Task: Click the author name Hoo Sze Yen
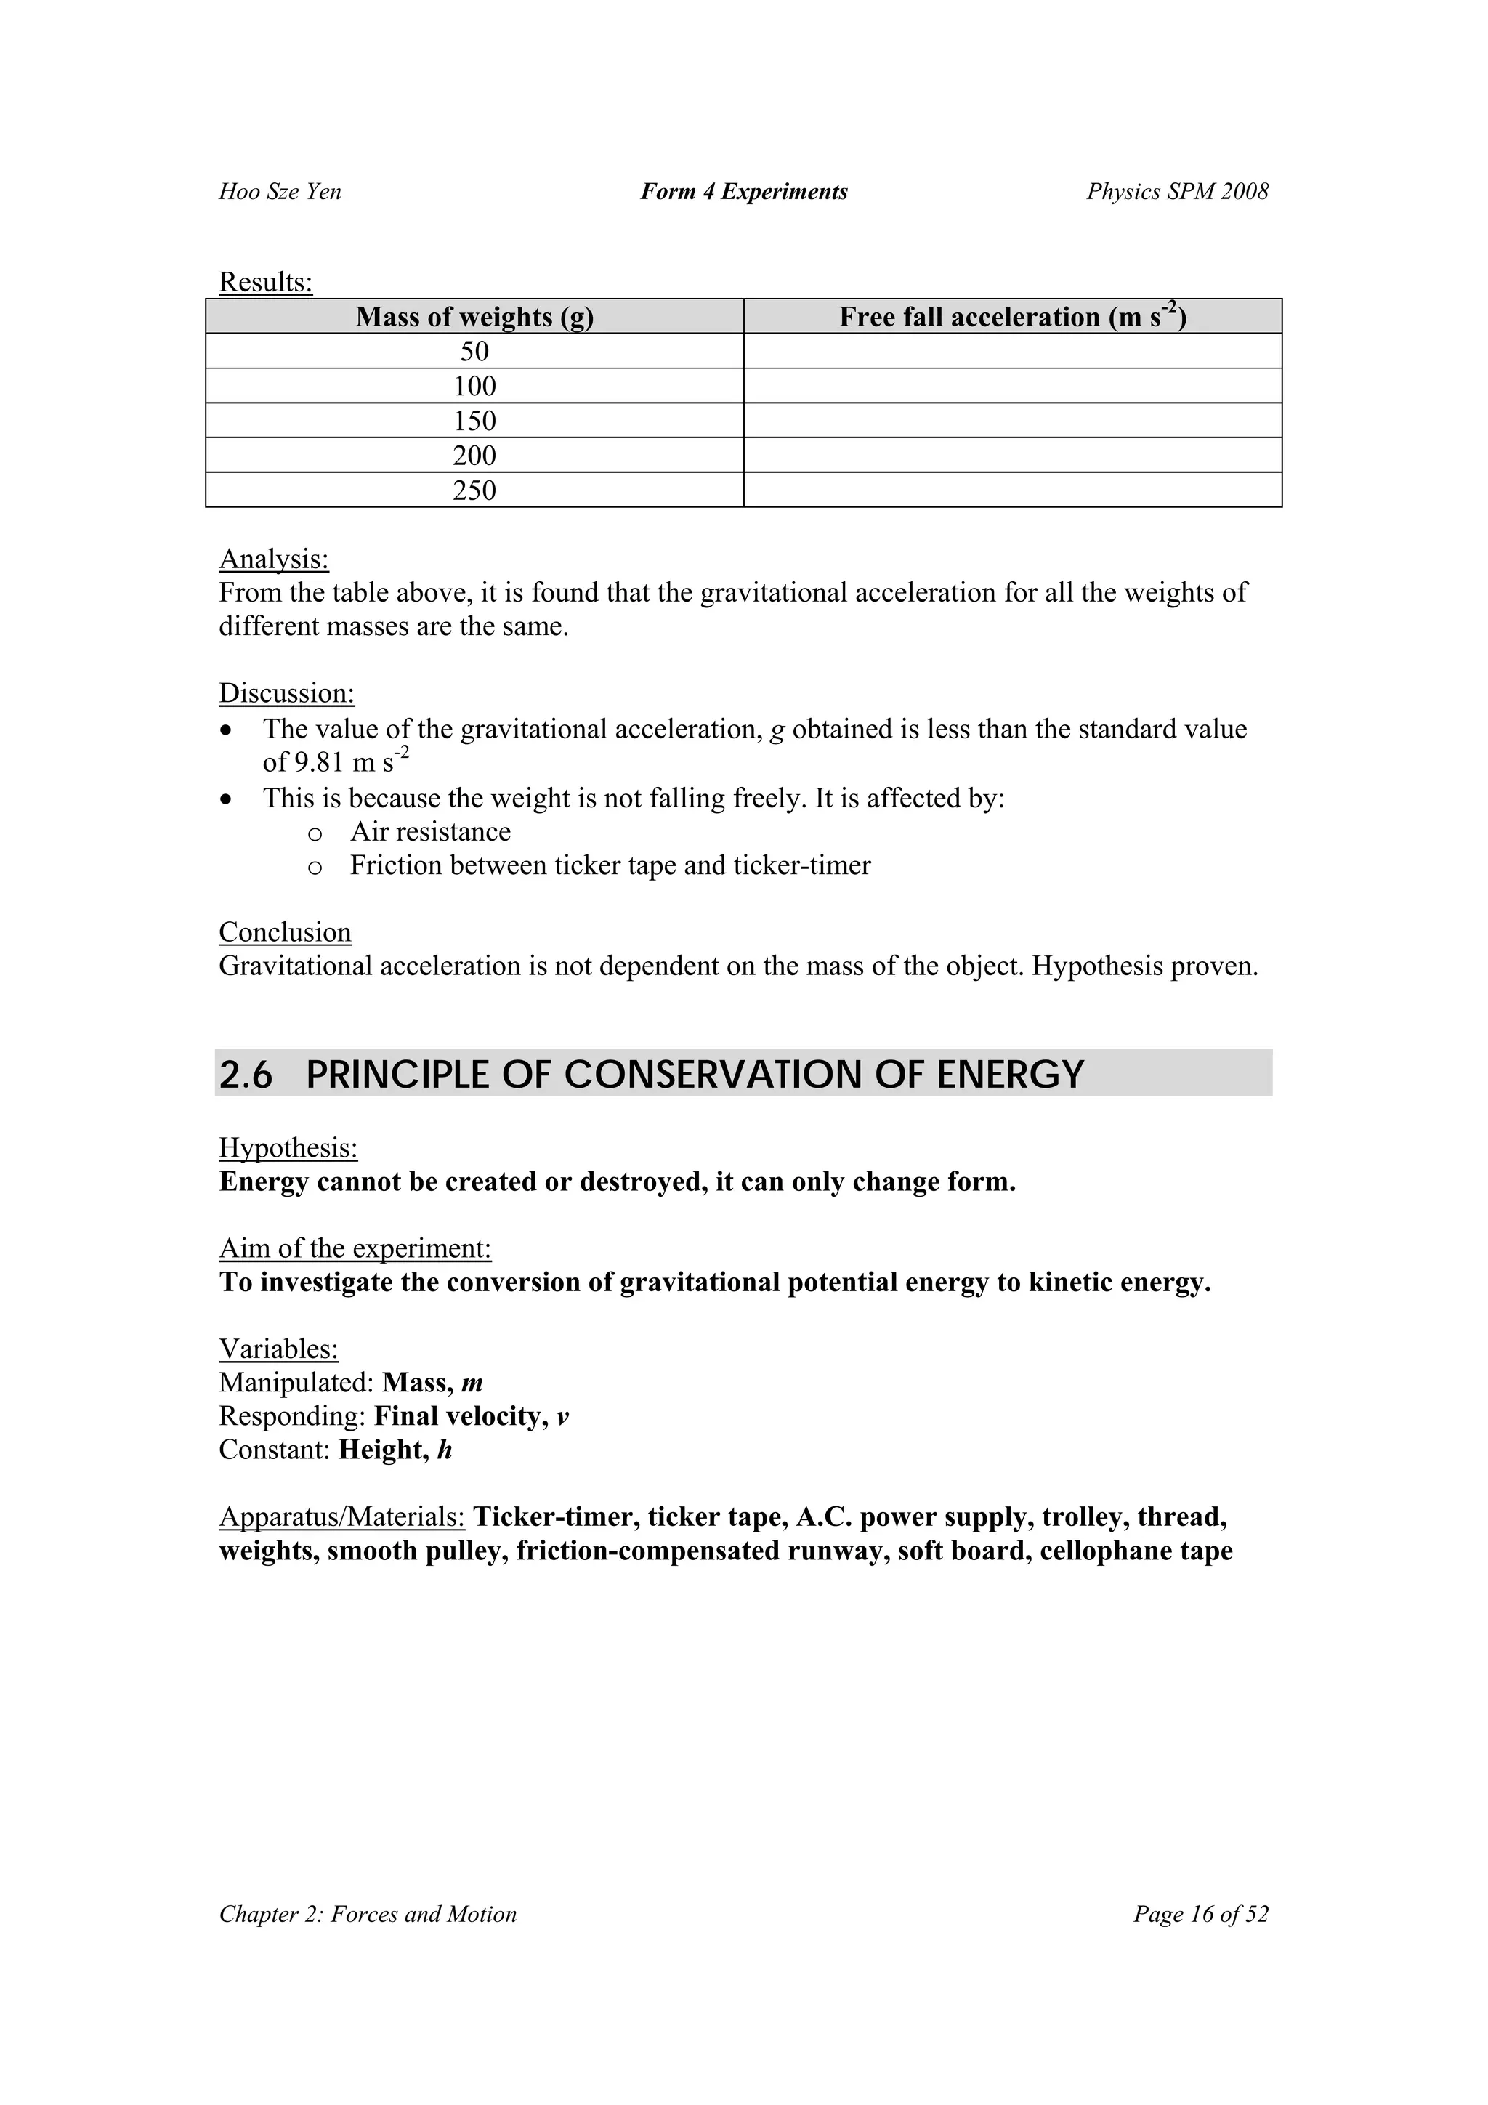(x=280, y=192)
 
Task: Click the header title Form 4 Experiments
(x=743, y=192)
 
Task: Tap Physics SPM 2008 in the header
(x=1177, y=192)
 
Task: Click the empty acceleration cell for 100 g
(x=1012, y=386)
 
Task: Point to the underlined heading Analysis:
(x=273, y=559)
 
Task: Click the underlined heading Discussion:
(x=286, y=693)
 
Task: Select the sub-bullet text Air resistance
(x=430, y=831)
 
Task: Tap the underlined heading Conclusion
(x=284, y=932)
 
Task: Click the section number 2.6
(x=246, y=1075)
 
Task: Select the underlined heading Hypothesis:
(x=288, y=1148)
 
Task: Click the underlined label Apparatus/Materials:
(x=342, y=1517)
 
